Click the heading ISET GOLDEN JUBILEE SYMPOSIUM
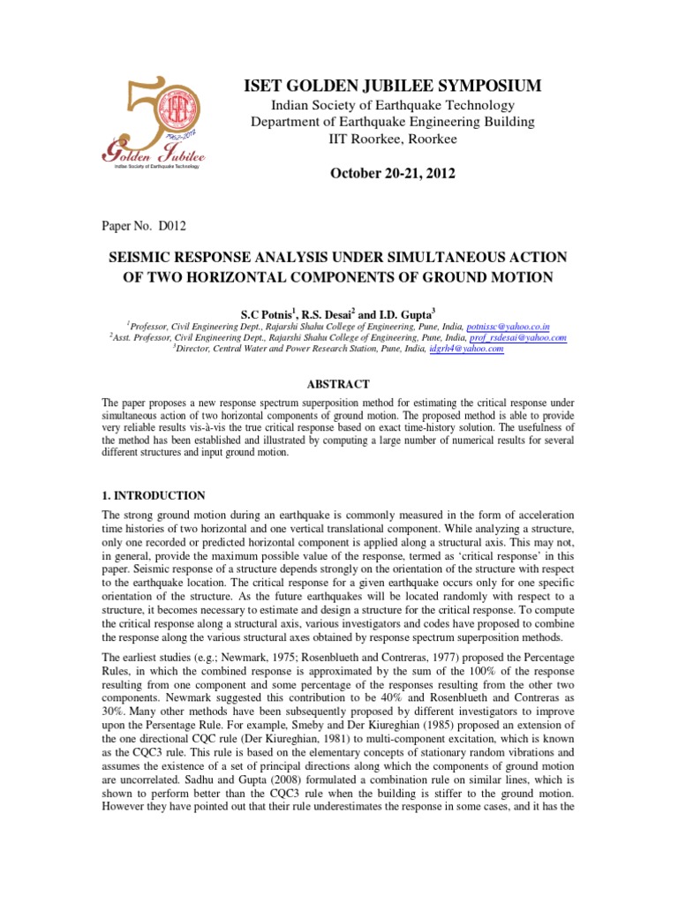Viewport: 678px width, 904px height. tap(393, 85)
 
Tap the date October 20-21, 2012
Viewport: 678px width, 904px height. tap(393, 173)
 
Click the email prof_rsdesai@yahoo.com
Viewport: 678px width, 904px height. tap(517, 338)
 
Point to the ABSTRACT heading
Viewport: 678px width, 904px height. tap(338, 384)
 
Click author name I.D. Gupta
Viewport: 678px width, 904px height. tap(407, 313)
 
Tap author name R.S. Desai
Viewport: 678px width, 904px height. tap(335, 313)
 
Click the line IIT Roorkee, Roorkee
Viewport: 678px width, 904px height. tap(393, 139)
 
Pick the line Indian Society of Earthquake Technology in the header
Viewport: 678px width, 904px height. tap(393, 106)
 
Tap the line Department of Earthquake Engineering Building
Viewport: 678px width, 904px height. tap(393, 122)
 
